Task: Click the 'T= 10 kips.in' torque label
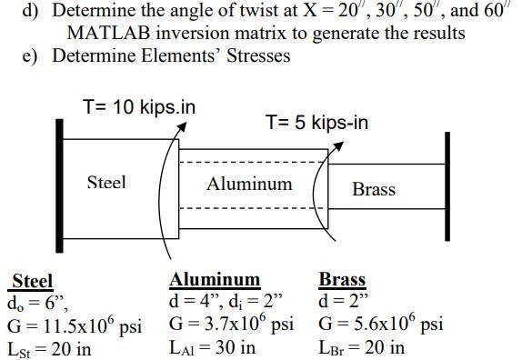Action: (x=138, y=107)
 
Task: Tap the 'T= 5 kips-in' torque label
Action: (x=316, y=122)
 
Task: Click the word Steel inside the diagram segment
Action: (x=106, y=183)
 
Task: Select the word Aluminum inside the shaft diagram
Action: (x=249, y=185)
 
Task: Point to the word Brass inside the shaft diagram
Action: (x=374, y=190)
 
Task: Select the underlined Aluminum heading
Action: (x=215, y=280)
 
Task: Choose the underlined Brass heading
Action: (x=342, y=280)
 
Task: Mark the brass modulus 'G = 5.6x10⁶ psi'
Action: (x=381, y=325)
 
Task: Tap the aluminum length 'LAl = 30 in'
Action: (x=213, y=347)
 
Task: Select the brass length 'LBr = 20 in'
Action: (x=361, y=347)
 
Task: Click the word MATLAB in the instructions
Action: (x=107, y=33)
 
